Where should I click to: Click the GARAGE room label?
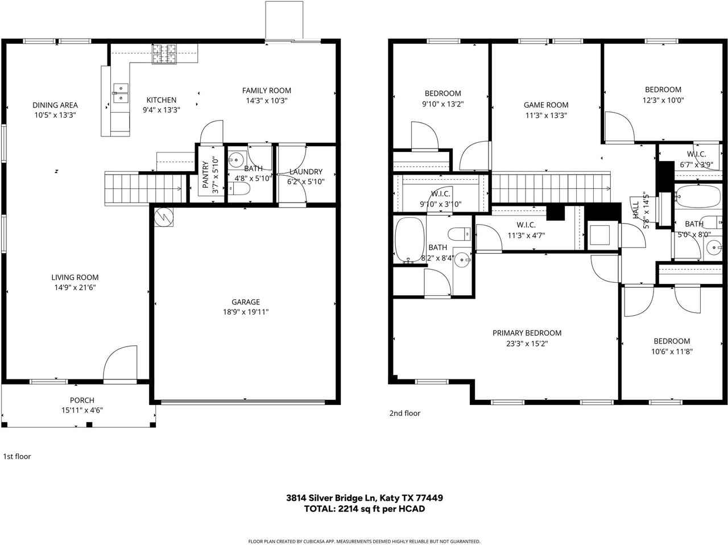point(245,302)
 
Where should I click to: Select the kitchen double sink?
point(121,93)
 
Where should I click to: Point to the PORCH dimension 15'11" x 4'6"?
point(82,410)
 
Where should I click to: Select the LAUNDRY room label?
point(305,172)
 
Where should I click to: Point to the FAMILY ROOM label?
point(266,90)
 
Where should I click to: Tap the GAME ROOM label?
point(545,105)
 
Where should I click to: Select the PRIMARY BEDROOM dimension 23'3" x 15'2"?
point(527,344)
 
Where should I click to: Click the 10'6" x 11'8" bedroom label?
point(671,352)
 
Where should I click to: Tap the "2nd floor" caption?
point(404,414)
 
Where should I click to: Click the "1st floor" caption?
point(17,456)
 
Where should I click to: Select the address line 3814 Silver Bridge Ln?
point(364,498)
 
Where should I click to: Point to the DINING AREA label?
point(55,105)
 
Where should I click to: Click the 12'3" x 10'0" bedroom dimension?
point(663,100)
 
